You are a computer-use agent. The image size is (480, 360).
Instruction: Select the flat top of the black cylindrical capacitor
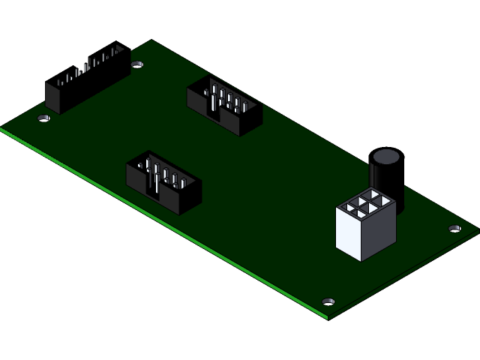click(x=386, y=157)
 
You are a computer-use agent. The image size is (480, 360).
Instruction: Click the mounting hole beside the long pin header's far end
click(x=136, y=64)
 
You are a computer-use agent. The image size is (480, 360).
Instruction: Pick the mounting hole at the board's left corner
click(x=44, y=118)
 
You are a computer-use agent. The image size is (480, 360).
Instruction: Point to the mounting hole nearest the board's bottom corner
click(x=328, y=301)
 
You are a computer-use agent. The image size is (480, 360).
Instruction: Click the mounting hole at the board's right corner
click(x=454, y=228)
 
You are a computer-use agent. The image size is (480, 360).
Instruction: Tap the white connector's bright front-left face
click(x=349, y=233)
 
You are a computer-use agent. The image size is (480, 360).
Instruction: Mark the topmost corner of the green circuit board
click(x=151, y=40)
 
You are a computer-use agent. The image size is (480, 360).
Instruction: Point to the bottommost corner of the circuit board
click(x=328, y=319)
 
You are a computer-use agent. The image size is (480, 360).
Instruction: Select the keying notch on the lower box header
click(x=156, y=192)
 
